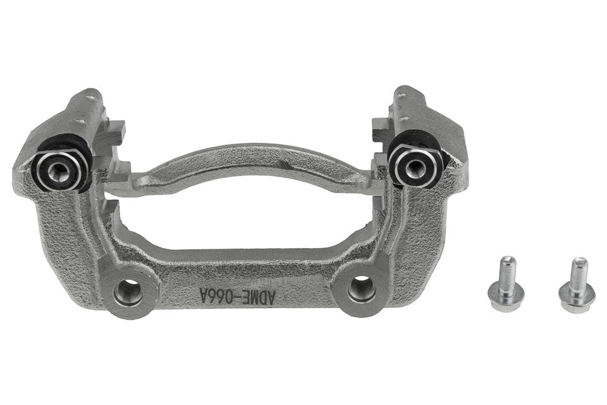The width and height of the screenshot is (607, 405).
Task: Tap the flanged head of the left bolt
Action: (x=506, y=294)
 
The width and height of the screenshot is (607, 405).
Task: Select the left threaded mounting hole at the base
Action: (x=129, y=292)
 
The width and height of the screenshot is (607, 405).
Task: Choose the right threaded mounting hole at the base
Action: (x=362, y=288)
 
